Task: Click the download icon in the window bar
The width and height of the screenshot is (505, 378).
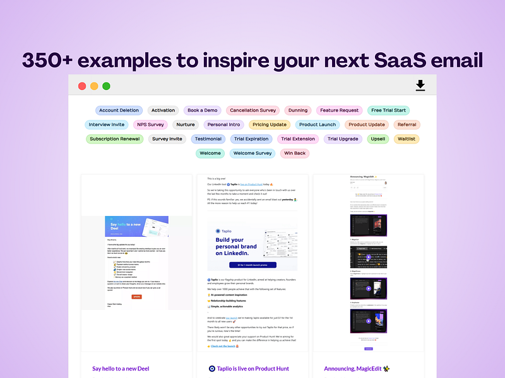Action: [420, 86]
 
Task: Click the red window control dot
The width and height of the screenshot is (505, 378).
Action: [82, 86]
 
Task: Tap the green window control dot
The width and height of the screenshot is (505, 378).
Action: [106, 86]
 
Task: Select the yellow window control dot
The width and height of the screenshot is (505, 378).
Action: [94, 86]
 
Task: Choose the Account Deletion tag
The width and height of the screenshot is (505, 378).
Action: [119, 110]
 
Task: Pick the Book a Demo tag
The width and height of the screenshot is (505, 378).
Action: [203, 110]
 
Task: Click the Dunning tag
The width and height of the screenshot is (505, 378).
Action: [298, 110]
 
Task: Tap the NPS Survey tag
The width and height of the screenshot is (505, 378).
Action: [150, 125]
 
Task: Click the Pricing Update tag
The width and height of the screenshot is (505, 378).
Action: [270, 125]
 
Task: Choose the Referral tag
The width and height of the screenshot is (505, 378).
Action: [407, 125]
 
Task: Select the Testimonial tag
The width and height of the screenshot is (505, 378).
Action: [208, 139]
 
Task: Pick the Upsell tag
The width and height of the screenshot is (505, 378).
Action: [378, 139]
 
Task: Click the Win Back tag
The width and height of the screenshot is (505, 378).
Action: [295, 153]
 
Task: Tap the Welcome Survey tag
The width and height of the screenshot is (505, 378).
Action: [252, 153]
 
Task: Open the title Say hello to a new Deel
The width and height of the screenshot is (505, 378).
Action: [121, 369]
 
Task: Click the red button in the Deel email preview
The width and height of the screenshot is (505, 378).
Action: [136, 296]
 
